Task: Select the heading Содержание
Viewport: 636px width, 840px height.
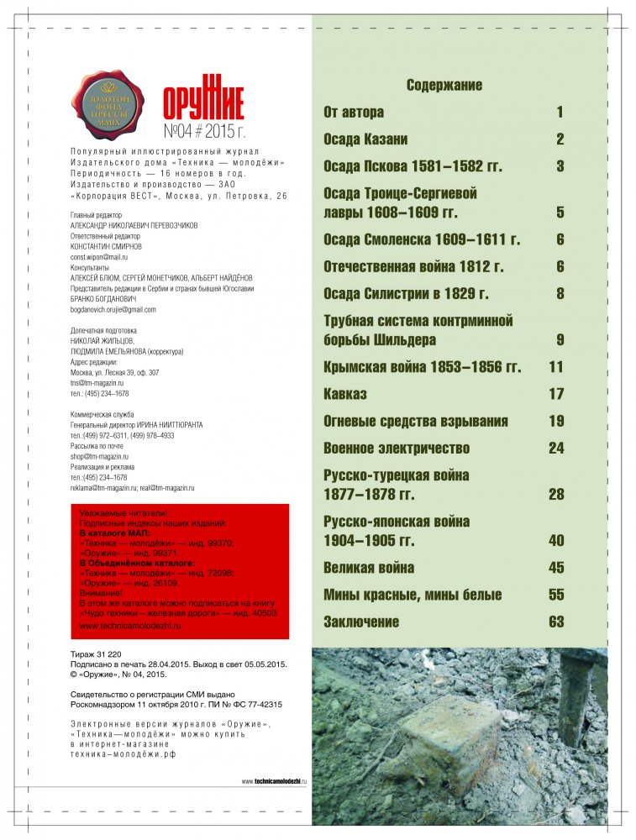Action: (444, 85)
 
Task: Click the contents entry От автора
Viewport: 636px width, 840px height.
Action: (354, 112)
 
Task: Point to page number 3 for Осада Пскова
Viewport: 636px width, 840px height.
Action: (560, 165)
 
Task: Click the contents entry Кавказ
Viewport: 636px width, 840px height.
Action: (345, 394)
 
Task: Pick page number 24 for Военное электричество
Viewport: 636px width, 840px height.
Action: (556, 448)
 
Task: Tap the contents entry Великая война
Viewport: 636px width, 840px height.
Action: (369, 568)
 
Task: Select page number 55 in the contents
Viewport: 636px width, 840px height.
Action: (556, 595)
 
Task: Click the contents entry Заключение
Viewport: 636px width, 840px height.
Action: (361, 622)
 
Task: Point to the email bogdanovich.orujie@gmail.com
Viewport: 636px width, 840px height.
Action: (113, 309)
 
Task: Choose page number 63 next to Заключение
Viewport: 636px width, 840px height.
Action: (556, 622)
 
